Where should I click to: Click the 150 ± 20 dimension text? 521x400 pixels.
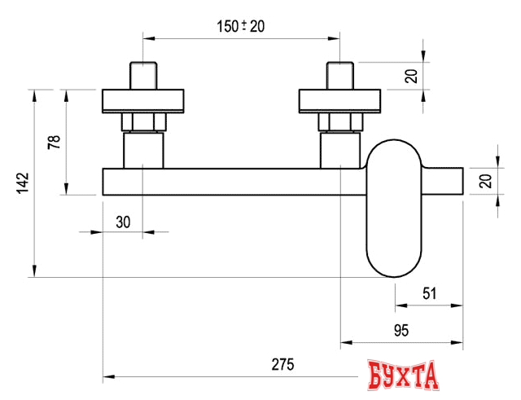pyautogui.click(x=241, y=26)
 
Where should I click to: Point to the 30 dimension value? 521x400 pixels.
pyautogui.click(x=124, y=220)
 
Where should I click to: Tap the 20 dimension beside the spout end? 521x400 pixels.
pyautogui.click(x=485, y=181)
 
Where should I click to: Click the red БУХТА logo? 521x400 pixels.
pyautogui.click(x=402, y=376)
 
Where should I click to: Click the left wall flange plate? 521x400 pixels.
pyautogui.click(x=143, y=101)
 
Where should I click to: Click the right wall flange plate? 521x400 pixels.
pyautogui.click(x=340, y=101)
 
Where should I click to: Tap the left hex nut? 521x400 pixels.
pyautogui.click(x=143, y=123)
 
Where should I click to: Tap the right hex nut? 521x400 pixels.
pyautogui.click(x=340, y=123)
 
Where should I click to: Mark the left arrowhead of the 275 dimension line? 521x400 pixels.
pyautogui.click(x=108, y=377)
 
